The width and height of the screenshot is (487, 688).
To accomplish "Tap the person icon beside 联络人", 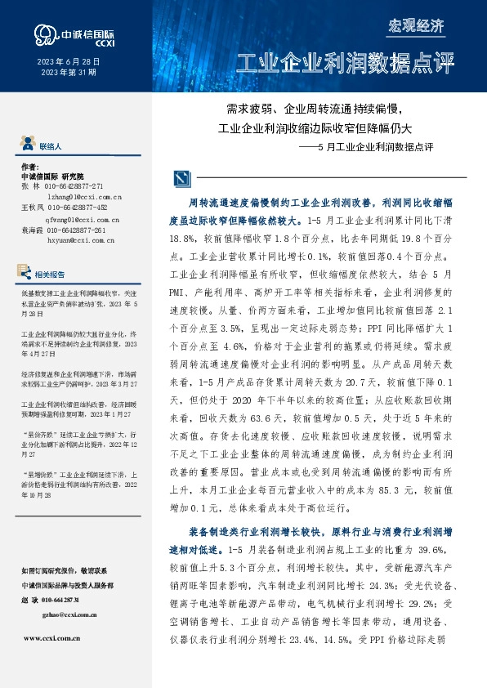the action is (x=28, y=145).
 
